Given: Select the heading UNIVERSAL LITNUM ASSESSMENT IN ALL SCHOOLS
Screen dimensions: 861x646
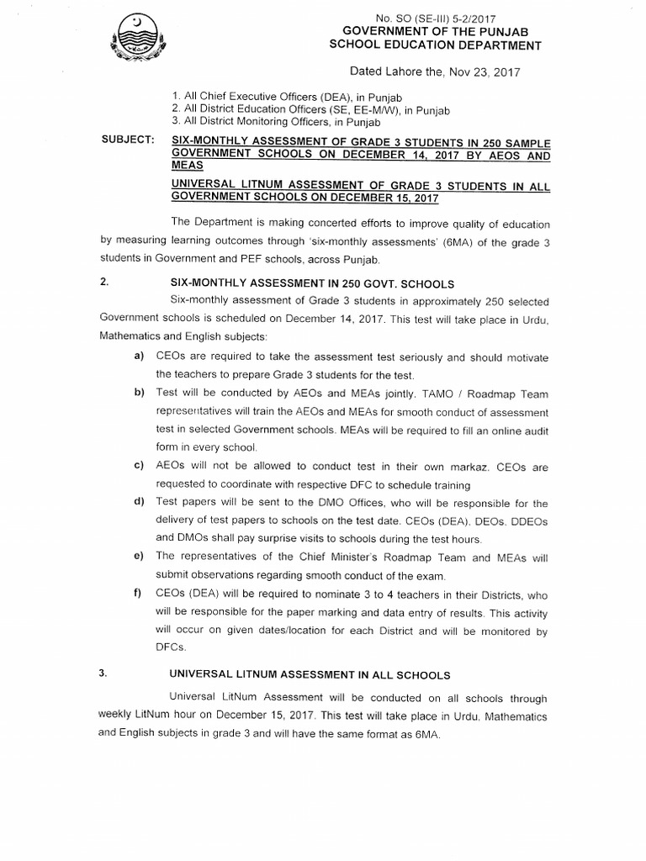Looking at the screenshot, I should point(310,674).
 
